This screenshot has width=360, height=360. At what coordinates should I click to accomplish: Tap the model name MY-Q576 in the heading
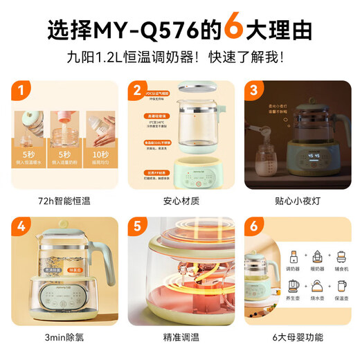[x=154, y=30]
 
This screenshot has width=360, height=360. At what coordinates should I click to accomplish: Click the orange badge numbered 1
[x=24, y=91]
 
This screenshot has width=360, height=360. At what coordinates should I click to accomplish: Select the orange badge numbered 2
[x=138, y=91]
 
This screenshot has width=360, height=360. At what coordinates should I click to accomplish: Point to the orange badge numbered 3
[x=254, y=91]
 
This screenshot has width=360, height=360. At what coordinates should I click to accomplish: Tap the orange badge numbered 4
[x=24, y=226]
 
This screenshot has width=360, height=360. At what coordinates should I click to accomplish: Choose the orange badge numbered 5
[x=138, y=226]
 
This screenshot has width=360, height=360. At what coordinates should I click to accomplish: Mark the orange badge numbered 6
[x=254, y=226]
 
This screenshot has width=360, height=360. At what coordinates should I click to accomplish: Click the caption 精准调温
[x=179, y=337]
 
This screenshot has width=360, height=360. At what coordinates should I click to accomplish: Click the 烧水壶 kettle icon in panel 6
[x=317, y=286]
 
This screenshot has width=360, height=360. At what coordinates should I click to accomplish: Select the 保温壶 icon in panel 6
[x=341, y=286]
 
